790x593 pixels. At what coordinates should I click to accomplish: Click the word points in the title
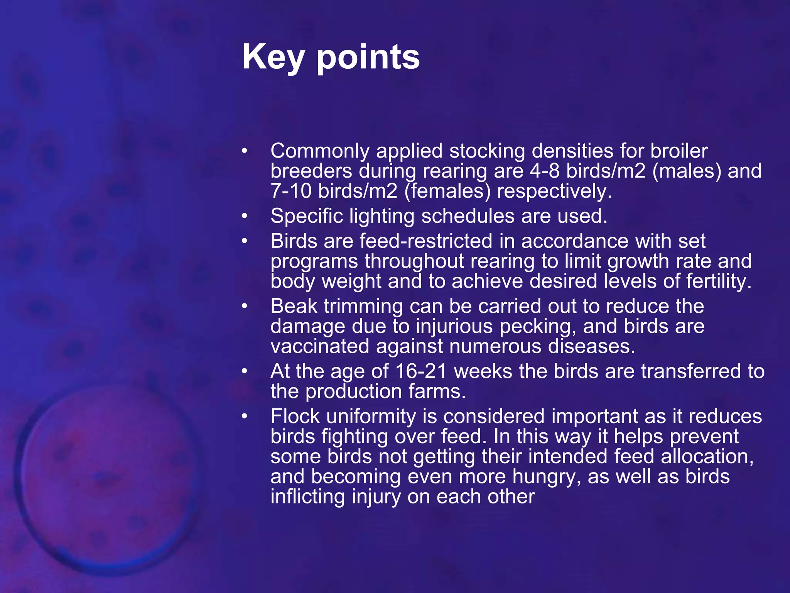(368, 57)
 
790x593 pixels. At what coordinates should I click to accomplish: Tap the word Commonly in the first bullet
(320, 151)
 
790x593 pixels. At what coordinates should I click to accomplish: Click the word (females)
(447, 191)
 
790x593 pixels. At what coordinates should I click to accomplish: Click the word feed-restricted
(426, 241)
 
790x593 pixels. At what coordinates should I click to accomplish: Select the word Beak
(294, 306)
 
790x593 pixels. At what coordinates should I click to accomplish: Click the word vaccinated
(320, 346)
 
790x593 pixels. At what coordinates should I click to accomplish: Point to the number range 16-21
(421, 371)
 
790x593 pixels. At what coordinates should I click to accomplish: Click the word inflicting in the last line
(307, 496)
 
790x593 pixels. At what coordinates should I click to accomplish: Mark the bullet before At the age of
(244, 371)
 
